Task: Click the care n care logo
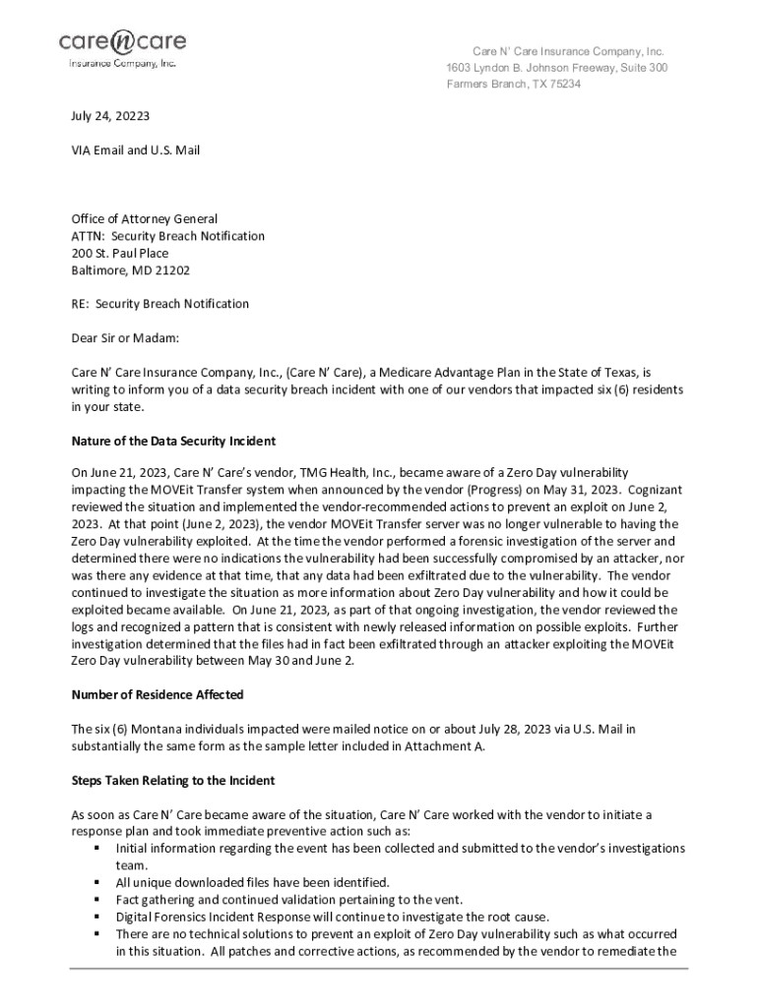pyautogui.click(x=122, y=46)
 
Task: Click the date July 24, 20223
pyautogui.click(x=110, y=115)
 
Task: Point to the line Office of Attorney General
pyautogui.click(x=144, y=218)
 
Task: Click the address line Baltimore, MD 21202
pyautogui.click(x=131, y=269)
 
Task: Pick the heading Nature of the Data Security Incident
pyautogui.click(x=173, y=440)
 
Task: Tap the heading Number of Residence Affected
pyautogui.click(x=158, y=694)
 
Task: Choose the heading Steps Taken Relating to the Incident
pyautogui.click(x=173, y=780)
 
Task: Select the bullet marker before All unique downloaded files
pyautogui.click(x=97, y=882)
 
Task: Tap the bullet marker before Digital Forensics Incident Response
pyautogui.click(x=97, y=916)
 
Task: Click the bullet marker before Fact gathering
pyautogui.click(x=97, y=899)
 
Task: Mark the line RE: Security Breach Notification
pyautogui.click(x=159, y=303)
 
